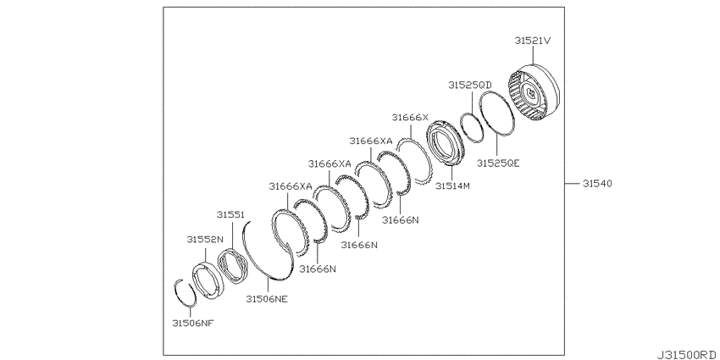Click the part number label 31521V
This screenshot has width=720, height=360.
pos(532,41)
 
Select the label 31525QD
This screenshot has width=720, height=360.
pos(470,85)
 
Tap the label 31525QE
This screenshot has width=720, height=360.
pos(498,163)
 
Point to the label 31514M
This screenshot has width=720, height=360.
pos(453,186)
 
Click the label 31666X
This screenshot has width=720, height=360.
pos(410,118)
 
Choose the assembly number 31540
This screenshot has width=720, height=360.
pos(597,184)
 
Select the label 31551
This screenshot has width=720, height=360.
pos(231,215)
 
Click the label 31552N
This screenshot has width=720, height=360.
pos(205,240)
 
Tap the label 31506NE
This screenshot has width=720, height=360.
pos(267,299)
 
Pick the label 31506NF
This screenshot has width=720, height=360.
pos(193,324)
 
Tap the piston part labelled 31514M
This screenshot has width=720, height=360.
pos(446,142)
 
